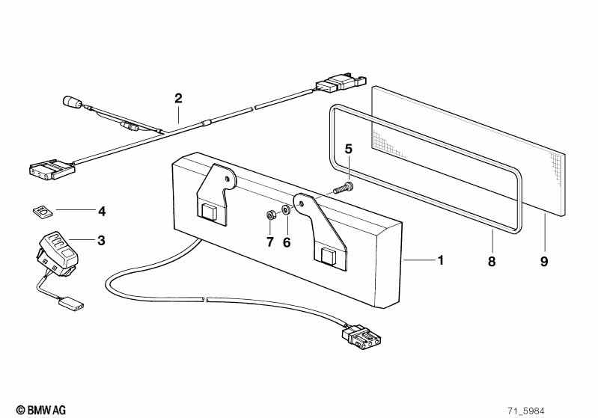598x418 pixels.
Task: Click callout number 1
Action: point(441,260)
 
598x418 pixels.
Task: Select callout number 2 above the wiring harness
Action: point(178,98)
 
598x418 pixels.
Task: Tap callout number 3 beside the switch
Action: point(101,241)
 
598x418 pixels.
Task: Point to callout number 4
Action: point(102,211)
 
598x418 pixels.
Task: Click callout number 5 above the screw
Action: point(349,149)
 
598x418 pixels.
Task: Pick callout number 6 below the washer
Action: point(287,242)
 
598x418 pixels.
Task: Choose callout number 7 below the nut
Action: point(270,242)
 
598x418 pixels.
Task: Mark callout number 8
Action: point(492,262)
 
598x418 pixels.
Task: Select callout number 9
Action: point(544,262)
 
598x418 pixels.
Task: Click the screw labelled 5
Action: point(344,188)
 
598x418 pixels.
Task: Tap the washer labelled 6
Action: point(286,209)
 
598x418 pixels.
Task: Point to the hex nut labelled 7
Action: point(270,215)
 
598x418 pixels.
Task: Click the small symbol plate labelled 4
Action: point(42,211)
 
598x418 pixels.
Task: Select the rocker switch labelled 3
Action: point(58,252)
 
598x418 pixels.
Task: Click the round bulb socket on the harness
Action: point(72,102)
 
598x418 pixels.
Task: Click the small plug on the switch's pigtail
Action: point(71,304)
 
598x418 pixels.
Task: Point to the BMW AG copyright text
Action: point(41,410)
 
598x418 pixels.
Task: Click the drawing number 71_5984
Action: point(526,411)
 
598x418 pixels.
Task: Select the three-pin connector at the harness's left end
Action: point(52,169)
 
